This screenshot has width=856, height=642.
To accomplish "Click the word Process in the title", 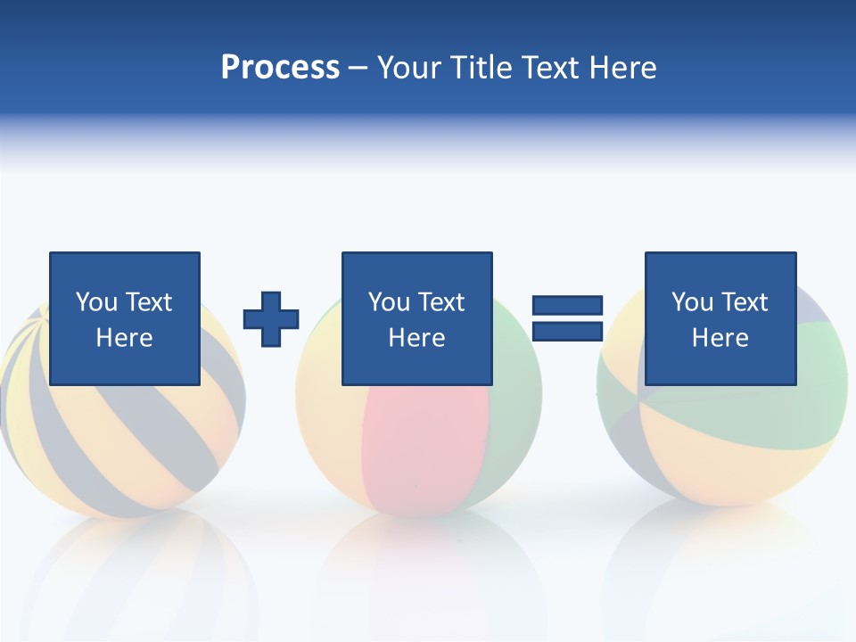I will [280, 68].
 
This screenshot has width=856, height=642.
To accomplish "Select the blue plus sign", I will [271, 319].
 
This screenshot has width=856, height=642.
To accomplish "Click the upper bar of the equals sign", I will [567, 306].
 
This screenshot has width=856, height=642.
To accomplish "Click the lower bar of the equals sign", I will [567, 332].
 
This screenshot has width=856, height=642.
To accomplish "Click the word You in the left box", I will [96, 302].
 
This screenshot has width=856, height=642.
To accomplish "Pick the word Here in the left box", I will [124, 338].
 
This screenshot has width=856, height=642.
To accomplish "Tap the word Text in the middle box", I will [441, 302].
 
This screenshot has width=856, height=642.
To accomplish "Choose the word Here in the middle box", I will [416, 338].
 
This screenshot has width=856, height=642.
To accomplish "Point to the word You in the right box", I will [692, 302].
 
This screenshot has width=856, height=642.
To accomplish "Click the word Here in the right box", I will [720, 338].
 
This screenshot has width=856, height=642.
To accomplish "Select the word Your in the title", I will [410, 68].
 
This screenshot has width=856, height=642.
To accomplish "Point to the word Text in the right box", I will [745, 302].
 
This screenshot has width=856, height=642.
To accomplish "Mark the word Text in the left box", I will [149, 302].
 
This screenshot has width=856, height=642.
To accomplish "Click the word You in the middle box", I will [389, 302].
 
